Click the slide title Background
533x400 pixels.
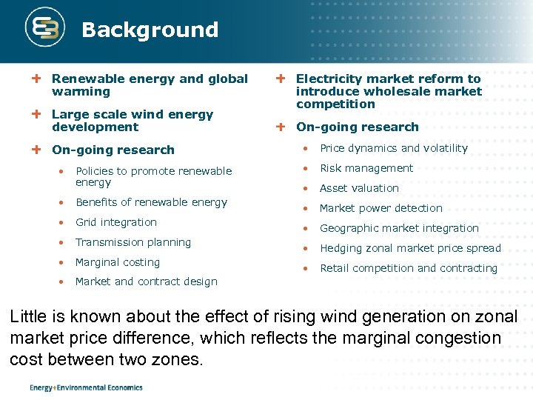tap(150, 30)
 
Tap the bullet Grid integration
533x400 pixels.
tap(116, 222)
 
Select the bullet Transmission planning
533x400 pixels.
tap(133, 242)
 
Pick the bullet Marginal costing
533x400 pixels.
tap(118, 262)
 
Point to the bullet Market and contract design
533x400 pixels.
tap(147, 281)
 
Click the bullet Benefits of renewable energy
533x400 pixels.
tap(151, 202)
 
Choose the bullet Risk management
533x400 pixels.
tap(366, 168)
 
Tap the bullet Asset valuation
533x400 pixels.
tap(359, 188)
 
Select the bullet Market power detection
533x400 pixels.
tap(381, 208)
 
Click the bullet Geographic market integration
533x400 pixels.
tap(399, 228)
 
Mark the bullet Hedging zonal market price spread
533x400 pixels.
tap(410, 248)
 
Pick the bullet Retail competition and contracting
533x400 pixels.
tap(409, 268)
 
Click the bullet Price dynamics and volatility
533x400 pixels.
tap(394, 148)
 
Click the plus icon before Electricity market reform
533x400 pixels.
tap(281, 79)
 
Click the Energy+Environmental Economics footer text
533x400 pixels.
tap(86, 387)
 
